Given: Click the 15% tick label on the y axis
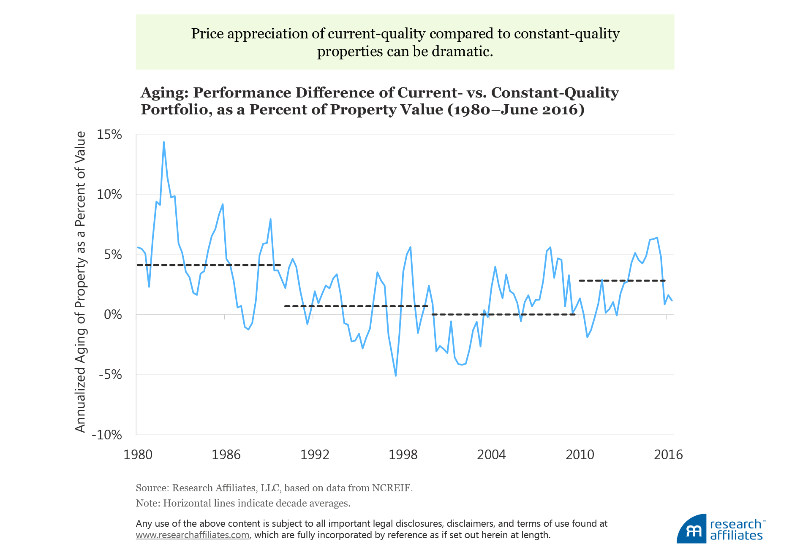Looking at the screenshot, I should click(109, 135).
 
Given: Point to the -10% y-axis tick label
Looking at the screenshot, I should click(107, 435).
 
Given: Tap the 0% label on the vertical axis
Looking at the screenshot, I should click(113, 314).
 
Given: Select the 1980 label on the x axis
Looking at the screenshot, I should click(138, 455).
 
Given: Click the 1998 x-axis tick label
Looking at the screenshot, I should click(403, 455).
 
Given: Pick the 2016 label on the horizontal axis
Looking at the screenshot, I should click(668, 455).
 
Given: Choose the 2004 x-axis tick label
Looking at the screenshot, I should click(491, 455).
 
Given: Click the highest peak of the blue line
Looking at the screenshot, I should click(164, 142).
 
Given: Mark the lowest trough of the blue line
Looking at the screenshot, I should click(396, 376).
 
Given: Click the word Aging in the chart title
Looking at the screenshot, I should click(164, 93).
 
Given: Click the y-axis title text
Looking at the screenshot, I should click(80, 282).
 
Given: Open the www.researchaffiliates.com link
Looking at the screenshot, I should click(192, 535).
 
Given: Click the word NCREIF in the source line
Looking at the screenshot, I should click(391, 488).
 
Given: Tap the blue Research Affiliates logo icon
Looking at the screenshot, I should click(691, 529).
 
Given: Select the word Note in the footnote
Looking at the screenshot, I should click(147, 503).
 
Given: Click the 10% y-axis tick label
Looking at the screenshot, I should click(109, 195).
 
